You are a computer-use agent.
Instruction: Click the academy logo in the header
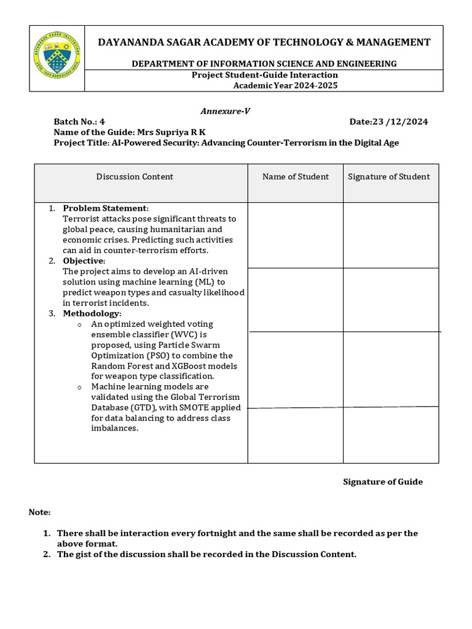(57, 58)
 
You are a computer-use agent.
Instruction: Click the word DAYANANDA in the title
(130, 42)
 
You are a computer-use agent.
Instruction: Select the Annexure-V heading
(225, 111)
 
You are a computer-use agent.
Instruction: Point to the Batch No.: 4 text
(79, 122)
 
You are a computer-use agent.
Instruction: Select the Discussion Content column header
(135, 177)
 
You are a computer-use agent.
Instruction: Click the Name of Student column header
(296, 177)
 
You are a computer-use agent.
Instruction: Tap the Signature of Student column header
(389, 177)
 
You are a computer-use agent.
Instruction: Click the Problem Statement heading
(105, 208)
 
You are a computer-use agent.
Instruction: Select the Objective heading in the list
(85, 261)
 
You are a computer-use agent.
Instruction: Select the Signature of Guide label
(382, 482)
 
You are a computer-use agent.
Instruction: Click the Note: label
(40, 512)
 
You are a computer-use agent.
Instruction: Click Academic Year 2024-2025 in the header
(285, 85)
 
